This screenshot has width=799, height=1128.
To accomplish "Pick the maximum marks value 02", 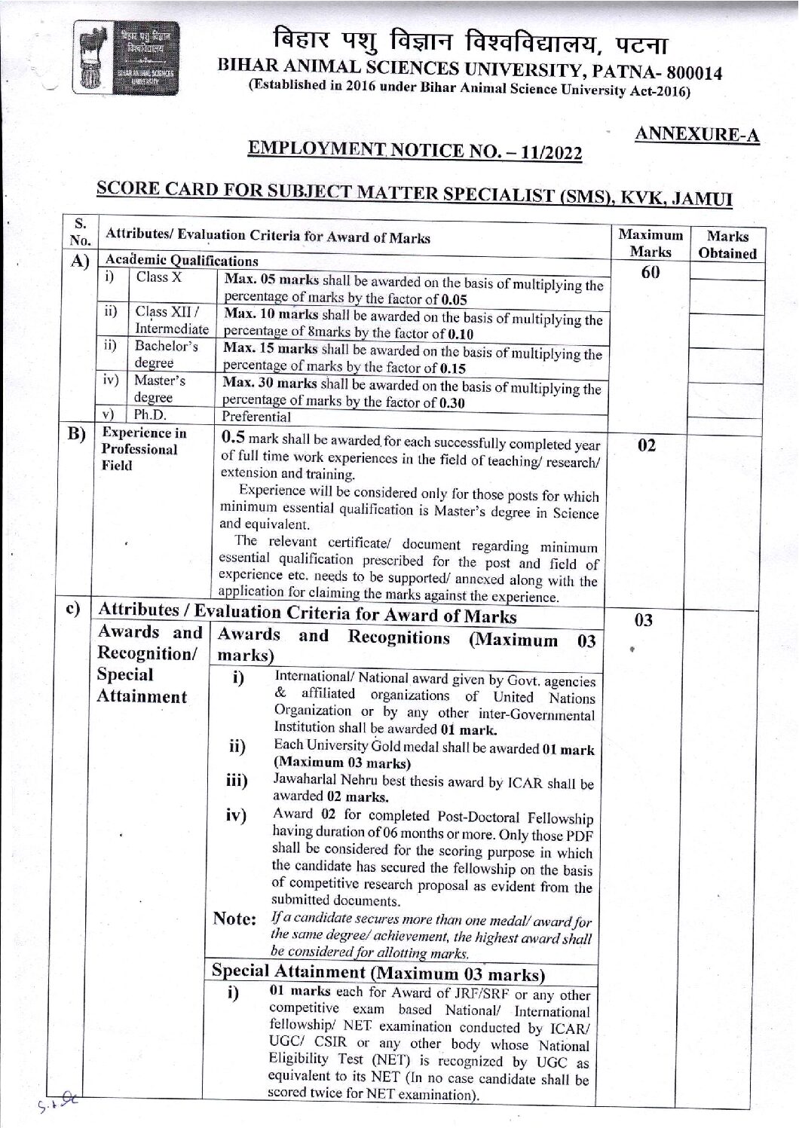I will pos(647,445).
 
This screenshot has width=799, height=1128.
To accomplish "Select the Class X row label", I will pos(158,277).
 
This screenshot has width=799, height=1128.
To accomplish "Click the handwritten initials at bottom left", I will pos(57,1102).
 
